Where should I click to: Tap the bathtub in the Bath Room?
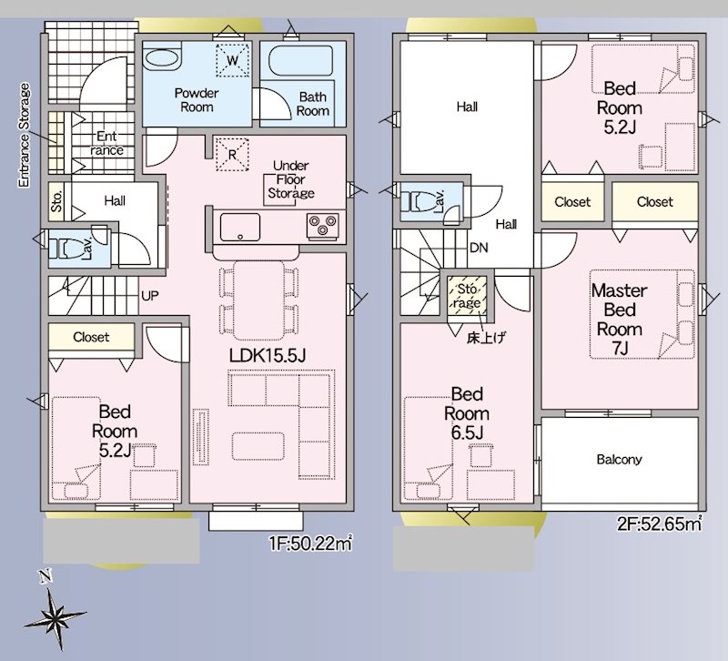coord(301,60)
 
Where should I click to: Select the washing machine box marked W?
coord(233,60)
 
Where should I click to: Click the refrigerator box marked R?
coord(232,155)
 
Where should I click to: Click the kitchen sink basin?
coord(239,227)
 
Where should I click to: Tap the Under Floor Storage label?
coord(291,179)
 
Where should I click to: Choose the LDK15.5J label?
coord(268,356)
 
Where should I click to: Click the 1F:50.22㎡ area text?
coord(310,543)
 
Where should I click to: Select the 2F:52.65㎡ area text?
coord(659,524)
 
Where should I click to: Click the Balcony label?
coord(620,460)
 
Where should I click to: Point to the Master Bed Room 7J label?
coord(620,320)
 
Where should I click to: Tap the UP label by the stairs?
coord(149,295)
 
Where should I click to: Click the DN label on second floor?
coord(479,248)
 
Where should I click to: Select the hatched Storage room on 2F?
coord(467,296)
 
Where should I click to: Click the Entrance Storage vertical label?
coord(25,135)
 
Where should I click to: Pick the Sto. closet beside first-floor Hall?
coord(57,201)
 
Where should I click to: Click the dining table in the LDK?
coord(258,300)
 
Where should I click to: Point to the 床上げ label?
coord(486,338)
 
